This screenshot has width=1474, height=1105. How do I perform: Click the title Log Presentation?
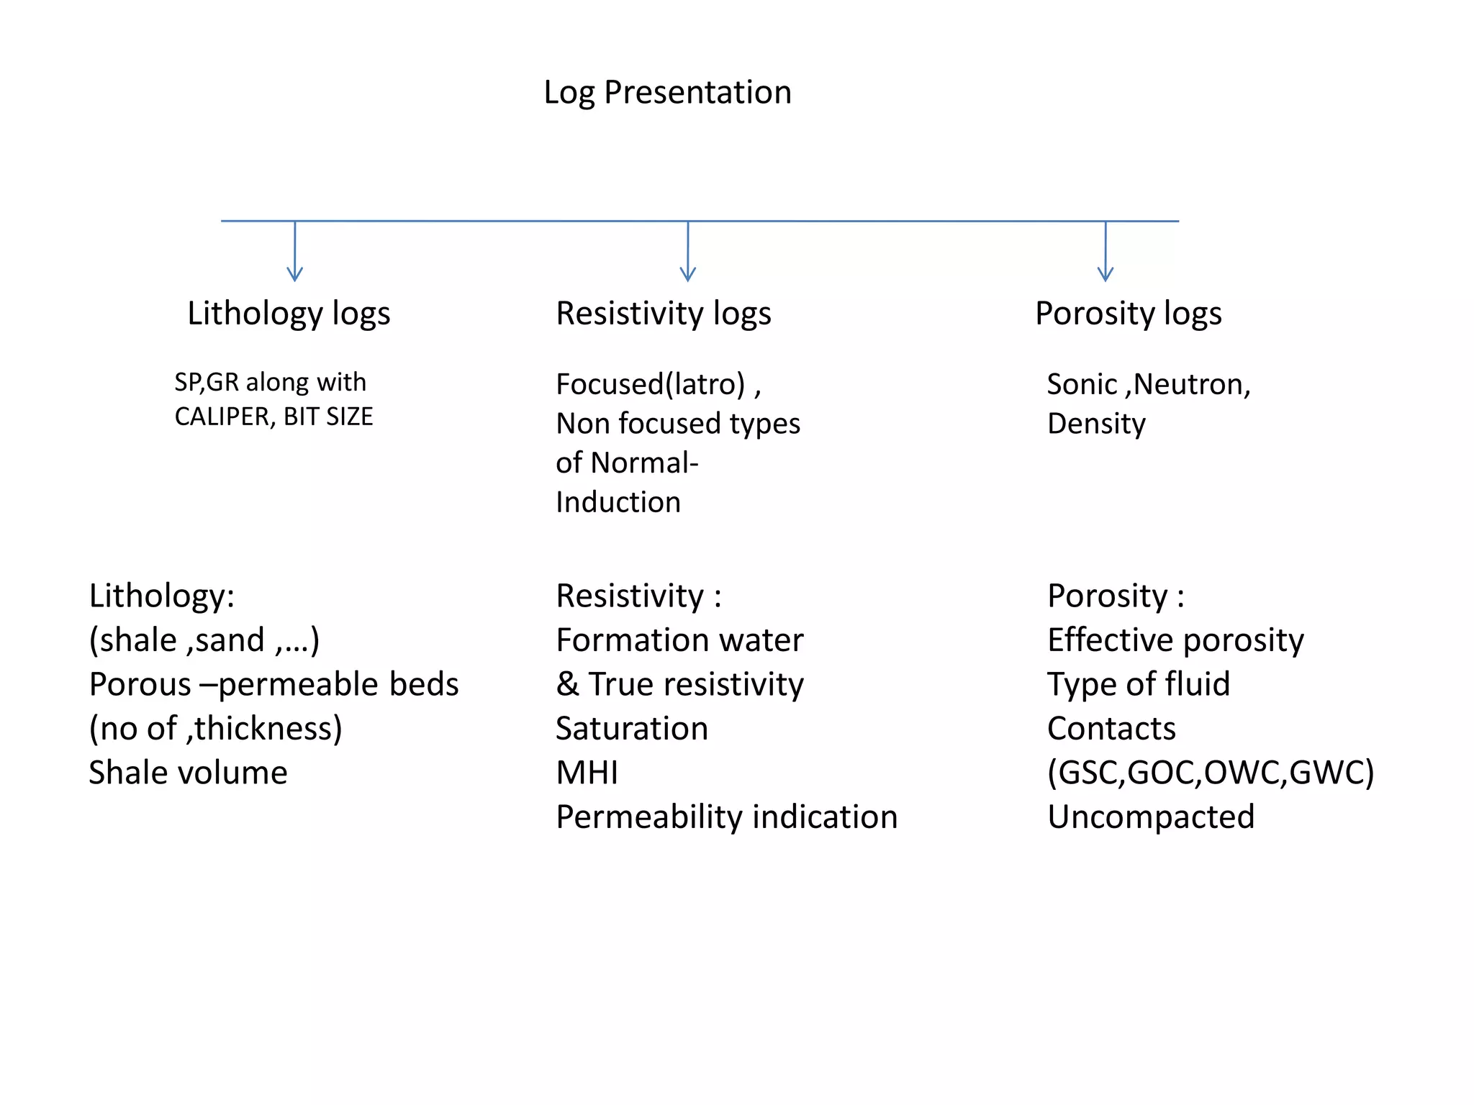tap(667, 92)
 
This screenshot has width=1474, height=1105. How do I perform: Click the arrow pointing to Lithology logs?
tap(295, 252)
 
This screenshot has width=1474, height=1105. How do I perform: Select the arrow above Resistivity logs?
tap(688, 252)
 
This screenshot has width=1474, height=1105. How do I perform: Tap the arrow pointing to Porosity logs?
tap(1105, 252)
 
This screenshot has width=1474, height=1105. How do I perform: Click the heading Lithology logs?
tap(289, 314)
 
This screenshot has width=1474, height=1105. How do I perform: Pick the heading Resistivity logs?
tap(663, 314)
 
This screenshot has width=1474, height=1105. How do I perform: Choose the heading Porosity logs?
tap(1128, 314)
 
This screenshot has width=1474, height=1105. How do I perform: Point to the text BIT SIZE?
tap(328, 417)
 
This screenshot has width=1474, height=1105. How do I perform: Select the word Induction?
tap(618, 502)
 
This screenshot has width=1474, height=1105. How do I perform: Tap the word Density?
tap(1095, 424)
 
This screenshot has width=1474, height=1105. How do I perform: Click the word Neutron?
tap(1191, 384)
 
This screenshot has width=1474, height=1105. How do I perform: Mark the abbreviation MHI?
tap(587, 773)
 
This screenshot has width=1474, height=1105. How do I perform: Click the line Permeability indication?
tap(726, 817)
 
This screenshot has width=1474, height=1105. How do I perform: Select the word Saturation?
tap(631, 729)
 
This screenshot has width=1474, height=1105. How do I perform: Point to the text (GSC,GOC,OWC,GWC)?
tap(1211, 773)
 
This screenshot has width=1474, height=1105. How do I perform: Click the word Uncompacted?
tap(1150, 817)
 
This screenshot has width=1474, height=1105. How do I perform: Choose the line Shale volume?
tap(188, 773)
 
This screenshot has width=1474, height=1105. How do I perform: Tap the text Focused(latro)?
tap(651, 384)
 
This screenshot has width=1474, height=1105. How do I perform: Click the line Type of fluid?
tap(1138, 684)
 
